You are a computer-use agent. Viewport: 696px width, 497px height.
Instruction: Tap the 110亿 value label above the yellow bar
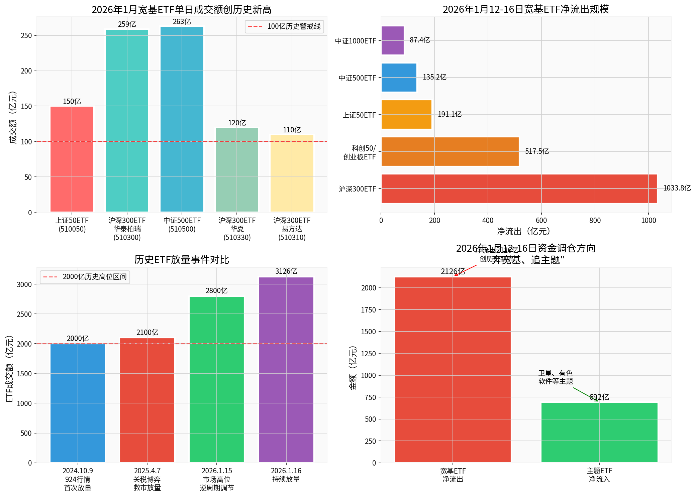pos(292,130)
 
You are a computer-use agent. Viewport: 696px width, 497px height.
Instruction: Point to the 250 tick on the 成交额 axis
pos(26,35)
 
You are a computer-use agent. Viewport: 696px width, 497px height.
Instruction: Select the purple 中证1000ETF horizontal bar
pos(392,40)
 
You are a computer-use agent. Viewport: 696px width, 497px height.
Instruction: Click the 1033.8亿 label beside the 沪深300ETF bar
pos(677,188)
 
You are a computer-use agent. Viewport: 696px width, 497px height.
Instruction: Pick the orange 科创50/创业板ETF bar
pos(450,151)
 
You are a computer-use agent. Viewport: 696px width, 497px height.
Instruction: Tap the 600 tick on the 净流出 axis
pos(541,220)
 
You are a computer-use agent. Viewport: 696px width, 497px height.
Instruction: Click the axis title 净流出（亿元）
pos(524,231)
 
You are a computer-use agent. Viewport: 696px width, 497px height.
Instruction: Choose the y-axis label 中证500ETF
pos(357,78)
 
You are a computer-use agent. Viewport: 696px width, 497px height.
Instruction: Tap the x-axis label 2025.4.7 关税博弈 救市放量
pos(147,479)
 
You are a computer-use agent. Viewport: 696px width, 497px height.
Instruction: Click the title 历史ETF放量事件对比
pos(182,259)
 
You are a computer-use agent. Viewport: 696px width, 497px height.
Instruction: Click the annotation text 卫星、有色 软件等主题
pos(555,377)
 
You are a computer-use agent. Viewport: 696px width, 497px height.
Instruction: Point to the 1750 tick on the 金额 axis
pos(368,310)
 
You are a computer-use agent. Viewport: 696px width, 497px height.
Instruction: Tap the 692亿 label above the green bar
pos(599,397)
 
